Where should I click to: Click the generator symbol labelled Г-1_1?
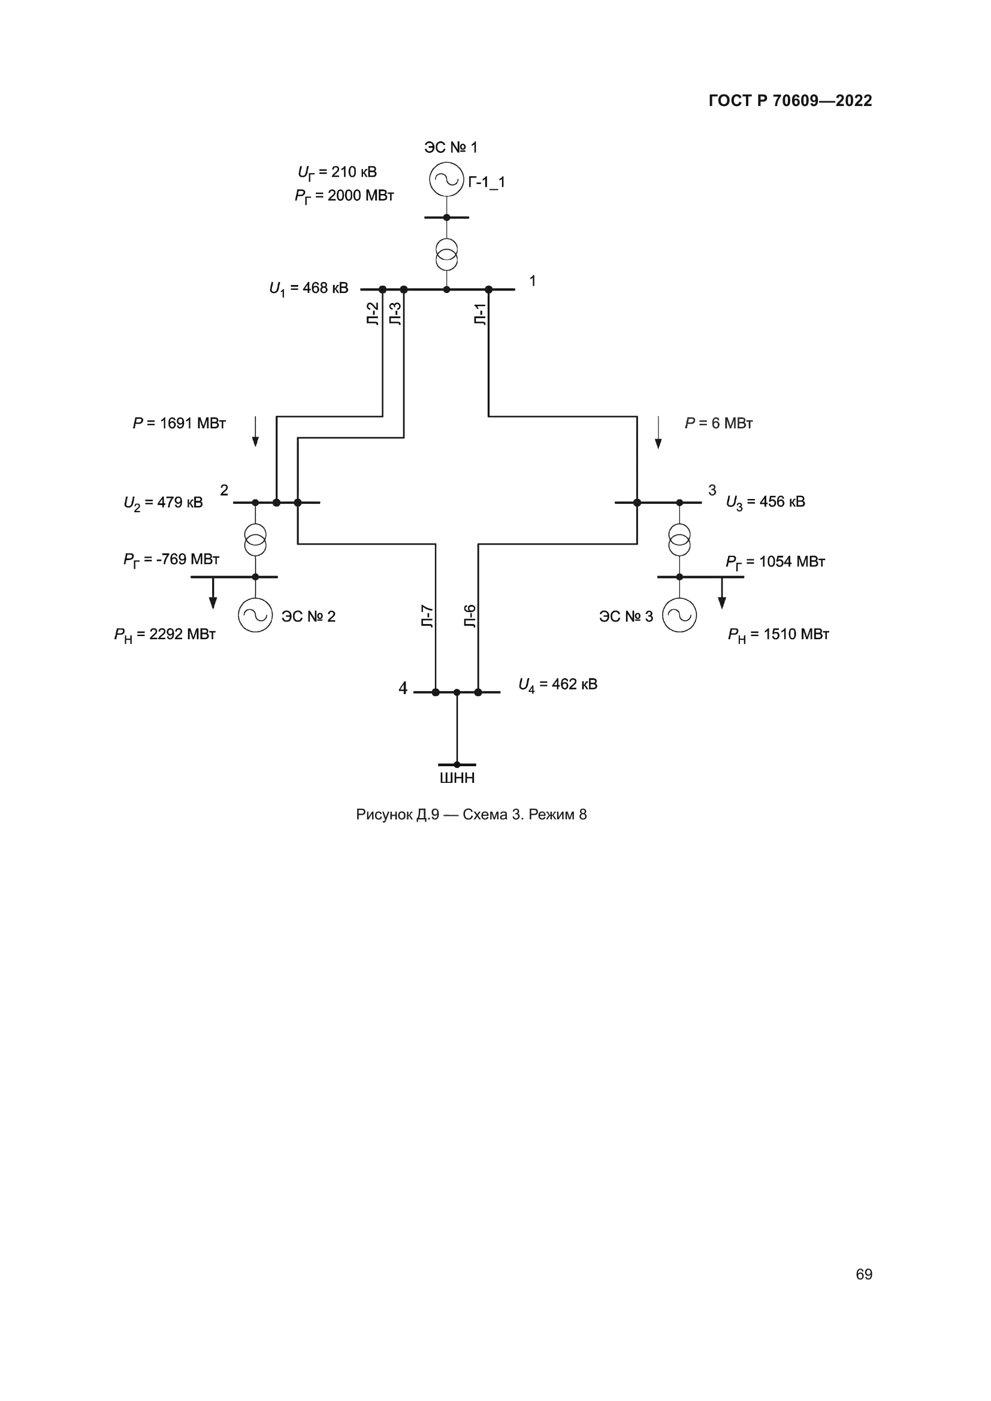click(x=446, y=180)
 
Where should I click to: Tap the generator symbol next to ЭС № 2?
click(x=255, y=615)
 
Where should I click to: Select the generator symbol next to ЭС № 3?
click(x=679, y=615)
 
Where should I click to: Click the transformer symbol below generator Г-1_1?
click(x=446, y=255)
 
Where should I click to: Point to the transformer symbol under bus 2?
click(x=255, y=540)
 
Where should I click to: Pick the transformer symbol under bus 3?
click(x=679, y=540)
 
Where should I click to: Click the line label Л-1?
click(x=481, y=314)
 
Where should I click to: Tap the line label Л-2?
click(x=373, y=314)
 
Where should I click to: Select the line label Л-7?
click(x=427, y=616)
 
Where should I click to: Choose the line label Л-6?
click(x=470, y=616)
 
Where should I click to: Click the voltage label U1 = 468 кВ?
click(x=309, y=288)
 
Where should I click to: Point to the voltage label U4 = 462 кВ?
click(x=558, y=685)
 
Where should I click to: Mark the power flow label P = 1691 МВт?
click(x=179, y=423)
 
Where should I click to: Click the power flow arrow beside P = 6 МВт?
click(x=658, y=432)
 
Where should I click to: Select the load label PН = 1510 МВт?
click(x=778, y=634)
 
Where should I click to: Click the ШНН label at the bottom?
click(x=457, y=778)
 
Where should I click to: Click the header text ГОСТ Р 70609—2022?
click(x=790, y=101)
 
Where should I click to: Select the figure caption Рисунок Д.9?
click(x=471, y=815)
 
